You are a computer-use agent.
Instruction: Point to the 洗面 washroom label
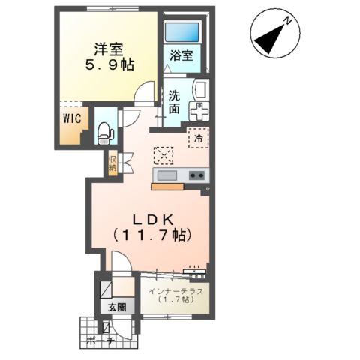coord(174,102)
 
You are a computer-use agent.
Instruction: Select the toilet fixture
coord(105,132)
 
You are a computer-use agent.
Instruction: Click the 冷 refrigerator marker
coord(199,138)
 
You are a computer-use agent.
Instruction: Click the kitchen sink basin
coord(166,175)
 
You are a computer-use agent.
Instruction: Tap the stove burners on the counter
coord(196,175)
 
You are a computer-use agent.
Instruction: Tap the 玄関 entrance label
coord(115,307)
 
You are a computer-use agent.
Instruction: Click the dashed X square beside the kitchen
coord(163,154)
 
